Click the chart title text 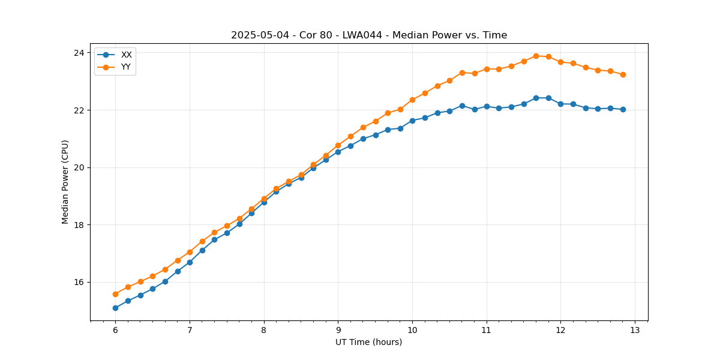[x=369, y=35]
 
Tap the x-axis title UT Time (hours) [x=368, y=342]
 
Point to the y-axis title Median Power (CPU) [x=65, y=182]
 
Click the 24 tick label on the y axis [x=78, y=53]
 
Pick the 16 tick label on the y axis [x=78, y=282]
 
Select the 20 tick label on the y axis [x=78, y=167]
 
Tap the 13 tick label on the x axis [x=635, y=330]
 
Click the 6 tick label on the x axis [x=115, y=330]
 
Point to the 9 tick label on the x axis [x=338, y=330]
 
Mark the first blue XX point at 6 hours [x=115, y=308]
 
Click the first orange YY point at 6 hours [x=115, y=294]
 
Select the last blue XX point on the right [x=623, y=109]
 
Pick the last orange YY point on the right [x=623, y=74]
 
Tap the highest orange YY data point [x=536, y=56]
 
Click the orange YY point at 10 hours [x=412, y=100]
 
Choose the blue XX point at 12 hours [x=560, y=104]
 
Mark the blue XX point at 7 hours [x=190, y=262]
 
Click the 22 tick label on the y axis [x=78, y=110]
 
